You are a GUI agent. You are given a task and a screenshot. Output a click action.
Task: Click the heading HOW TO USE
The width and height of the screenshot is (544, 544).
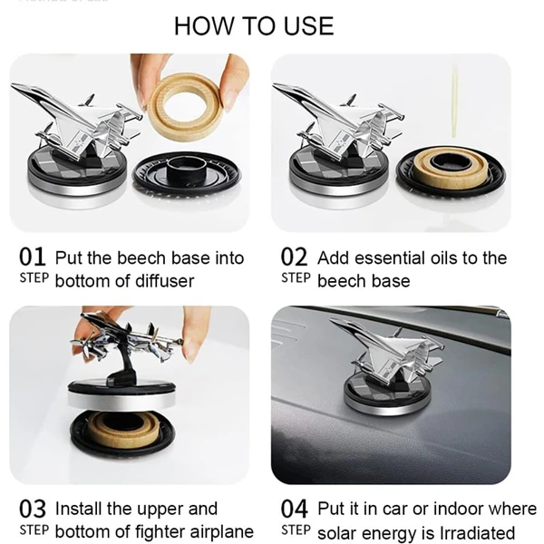(254, 26)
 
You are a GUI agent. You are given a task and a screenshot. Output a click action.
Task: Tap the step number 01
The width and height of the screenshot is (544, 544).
(33, 257)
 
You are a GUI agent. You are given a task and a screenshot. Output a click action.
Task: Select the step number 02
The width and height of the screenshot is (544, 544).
(294, 257)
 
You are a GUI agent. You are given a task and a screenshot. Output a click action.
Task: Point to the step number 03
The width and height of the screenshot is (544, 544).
(33, 509)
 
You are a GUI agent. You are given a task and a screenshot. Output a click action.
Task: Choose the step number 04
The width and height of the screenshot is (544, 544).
(294, 509)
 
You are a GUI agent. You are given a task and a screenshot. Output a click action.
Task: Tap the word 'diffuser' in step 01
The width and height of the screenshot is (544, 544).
(164, 281)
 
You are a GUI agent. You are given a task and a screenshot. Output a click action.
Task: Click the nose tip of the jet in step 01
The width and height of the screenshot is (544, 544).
(13, 85)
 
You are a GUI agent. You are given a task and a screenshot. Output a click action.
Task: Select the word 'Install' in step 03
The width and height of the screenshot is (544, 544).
(78, 509)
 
